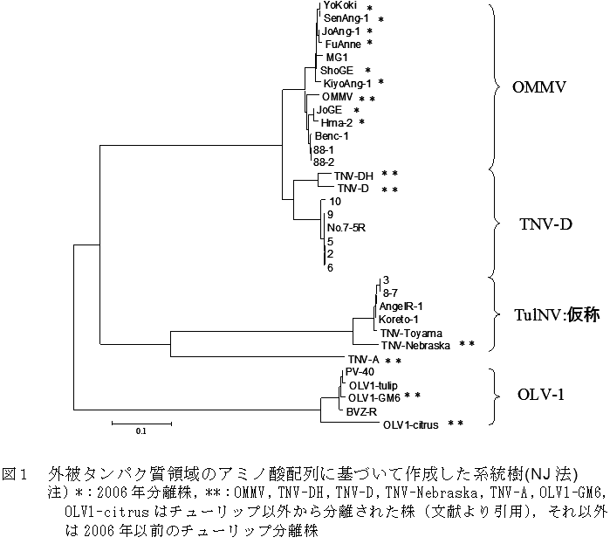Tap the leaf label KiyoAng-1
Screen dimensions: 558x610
346,82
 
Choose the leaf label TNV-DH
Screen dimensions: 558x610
353,175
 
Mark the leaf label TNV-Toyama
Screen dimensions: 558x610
412,333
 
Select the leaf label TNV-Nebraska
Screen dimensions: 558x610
415,345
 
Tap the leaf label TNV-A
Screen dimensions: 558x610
362,360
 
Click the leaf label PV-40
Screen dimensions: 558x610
359,372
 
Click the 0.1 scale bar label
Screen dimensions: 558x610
141,431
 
